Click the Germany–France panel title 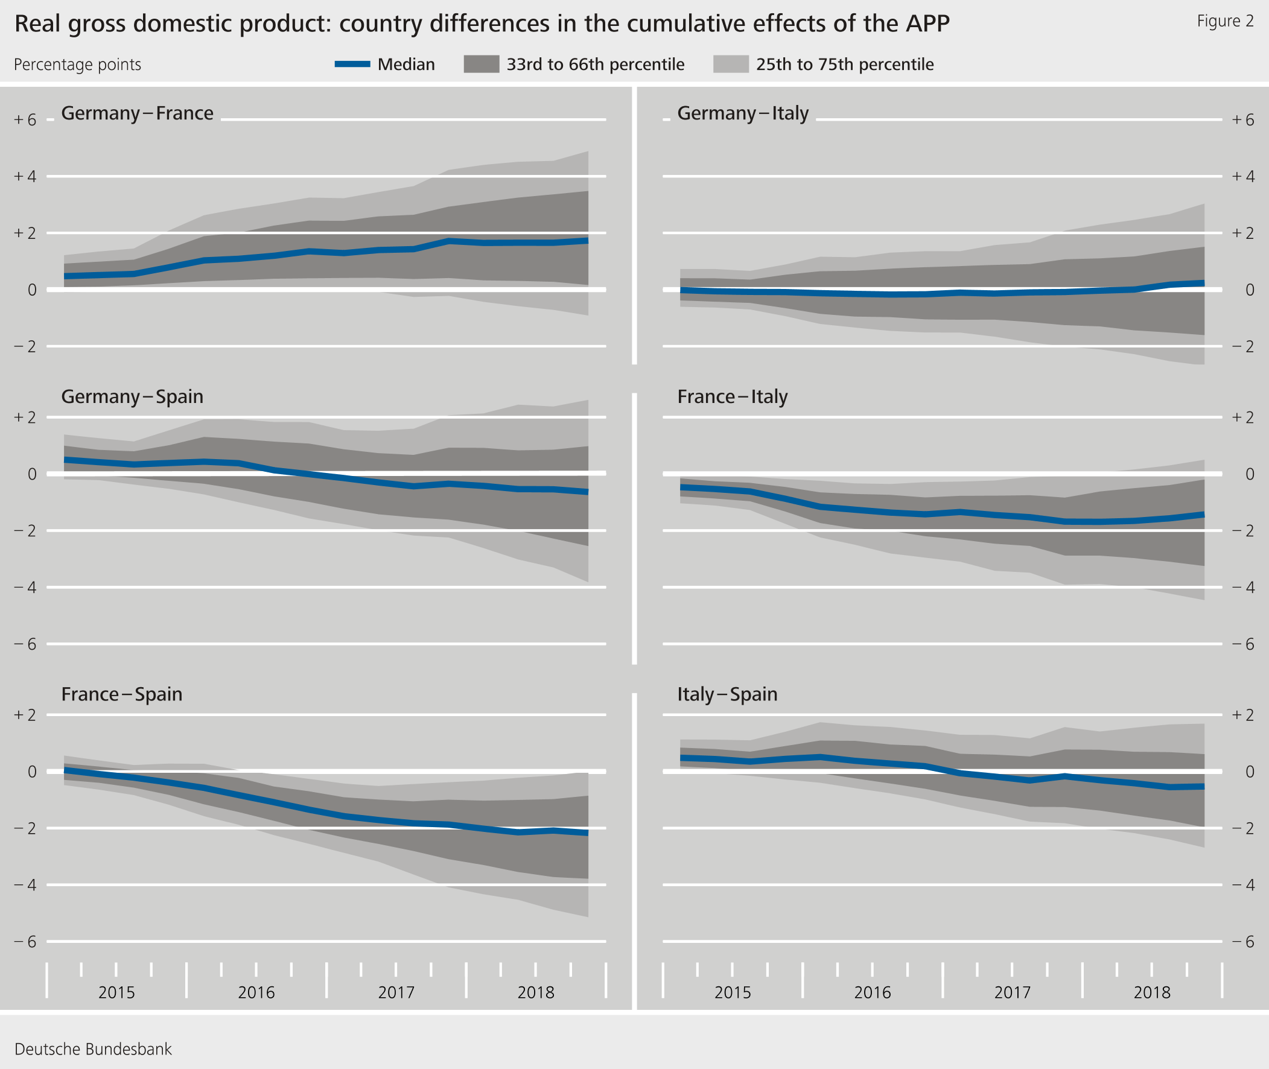[137, 113]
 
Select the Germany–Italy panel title [742, 113]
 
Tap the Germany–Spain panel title [132, 396]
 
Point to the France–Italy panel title [732, 396]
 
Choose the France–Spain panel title [121, 694]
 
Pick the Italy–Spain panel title [727, 694]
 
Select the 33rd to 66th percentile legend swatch [481, 64]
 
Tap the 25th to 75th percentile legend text [844, 64]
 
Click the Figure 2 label [1225, 21]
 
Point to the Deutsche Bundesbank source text [93, 1049]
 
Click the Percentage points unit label [77, 64]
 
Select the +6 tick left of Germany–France [25, 120]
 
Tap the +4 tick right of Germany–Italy [1243, 176]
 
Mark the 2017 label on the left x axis [396, 992]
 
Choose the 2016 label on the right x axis [872, 992]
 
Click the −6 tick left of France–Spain [25, 941]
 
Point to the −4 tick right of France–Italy [1243, 587]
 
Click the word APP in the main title [927, 24]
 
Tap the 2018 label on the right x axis [1151, 992]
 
